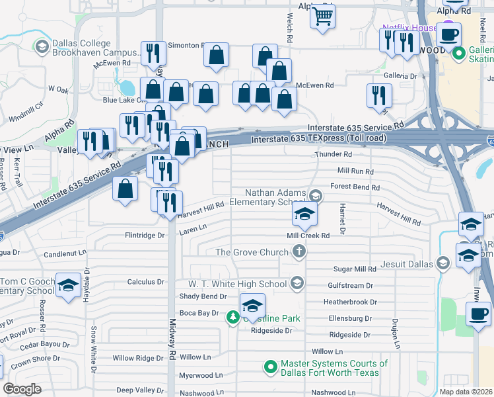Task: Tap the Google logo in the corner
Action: point(22,389)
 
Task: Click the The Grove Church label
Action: point(252,252)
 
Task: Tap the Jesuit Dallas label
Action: point(406,263)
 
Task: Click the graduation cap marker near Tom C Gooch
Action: point(67,285)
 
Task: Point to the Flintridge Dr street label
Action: point(144,235)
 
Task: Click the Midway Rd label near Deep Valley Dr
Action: point(172,374)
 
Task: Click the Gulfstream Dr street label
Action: point(351,285)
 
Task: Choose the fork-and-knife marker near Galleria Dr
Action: point(379,95)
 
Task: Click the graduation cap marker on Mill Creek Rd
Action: point(304,214)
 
